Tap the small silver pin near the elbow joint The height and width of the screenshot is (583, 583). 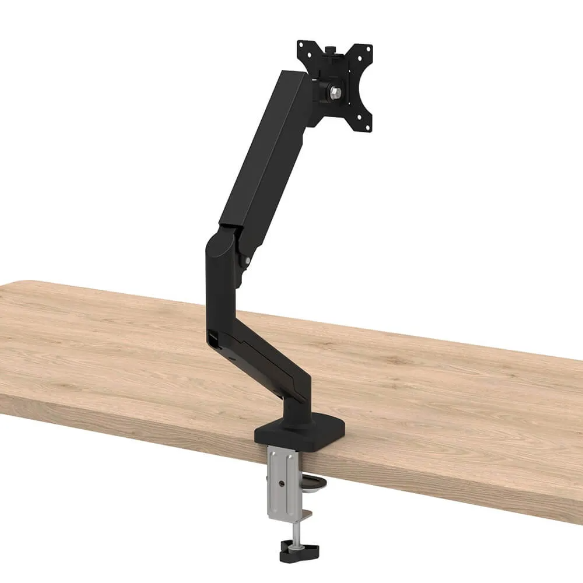pyautogui.click(x=248, y=261)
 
